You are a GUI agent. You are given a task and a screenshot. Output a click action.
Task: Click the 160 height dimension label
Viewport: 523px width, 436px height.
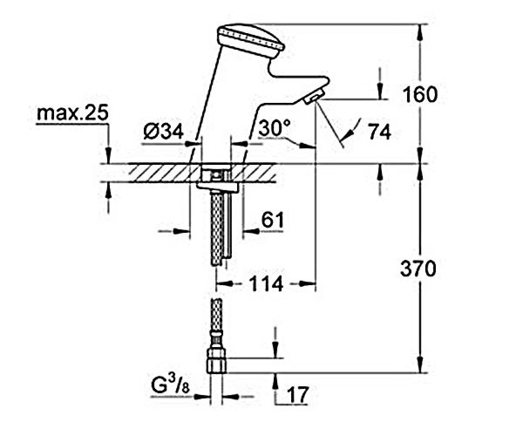point(420,95)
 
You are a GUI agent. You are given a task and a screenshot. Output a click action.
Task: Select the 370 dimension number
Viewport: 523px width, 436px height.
point(418,269)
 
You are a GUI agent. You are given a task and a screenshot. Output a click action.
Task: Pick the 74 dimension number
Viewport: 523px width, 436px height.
point(380,132)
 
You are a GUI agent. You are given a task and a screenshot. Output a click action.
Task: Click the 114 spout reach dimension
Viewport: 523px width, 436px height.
point(266,284)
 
